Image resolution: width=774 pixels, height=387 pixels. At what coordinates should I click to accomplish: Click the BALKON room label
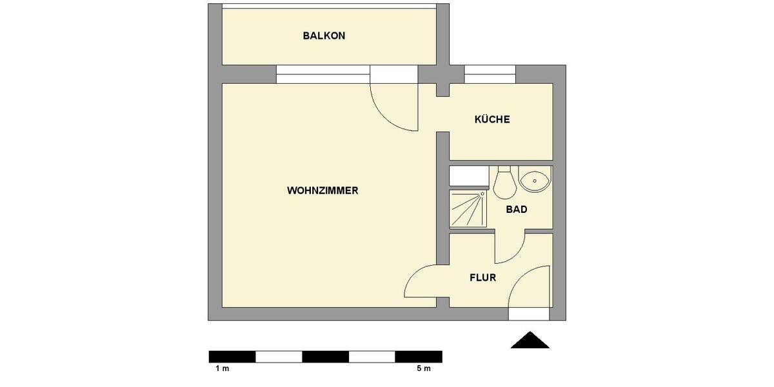[324, 36]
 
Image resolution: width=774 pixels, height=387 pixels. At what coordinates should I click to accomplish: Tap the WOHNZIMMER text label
[322, 191]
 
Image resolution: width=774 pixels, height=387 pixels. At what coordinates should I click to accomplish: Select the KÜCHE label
[492, 119]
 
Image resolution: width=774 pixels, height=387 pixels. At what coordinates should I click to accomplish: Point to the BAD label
[517, 210]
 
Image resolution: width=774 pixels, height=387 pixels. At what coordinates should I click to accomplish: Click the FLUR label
[482, 278]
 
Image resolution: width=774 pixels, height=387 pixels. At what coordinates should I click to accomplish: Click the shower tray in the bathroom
[468, 208]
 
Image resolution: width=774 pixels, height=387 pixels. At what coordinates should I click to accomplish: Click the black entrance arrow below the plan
[530, 341]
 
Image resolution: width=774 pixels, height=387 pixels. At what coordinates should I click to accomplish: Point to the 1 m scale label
[223, 369]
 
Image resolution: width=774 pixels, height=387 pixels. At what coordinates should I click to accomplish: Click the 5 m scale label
[423, 369]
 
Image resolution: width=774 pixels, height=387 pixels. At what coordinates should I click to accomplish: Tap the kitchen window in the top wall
[490, 74]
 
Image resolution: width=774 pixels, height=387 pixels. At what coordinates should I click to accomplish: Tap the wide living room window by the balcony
[322, 74]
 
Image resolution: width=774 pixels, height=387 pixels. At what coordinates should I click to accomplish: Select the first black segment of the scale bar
[232, 357]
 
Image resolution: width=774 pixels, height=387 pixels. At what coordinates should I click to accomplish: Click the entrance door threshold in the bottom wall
[528, 314]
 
